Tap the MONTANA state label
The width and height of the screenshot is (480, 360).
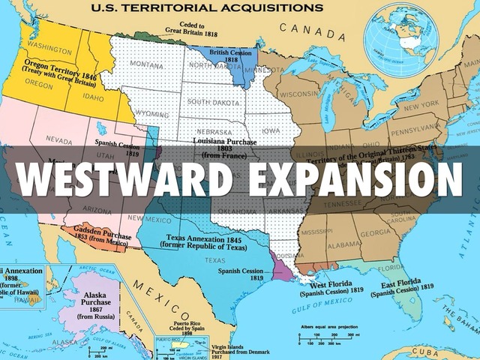pos(147,65)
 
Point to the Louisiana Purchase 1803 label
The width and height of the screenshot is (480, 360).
pos(224,146)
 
